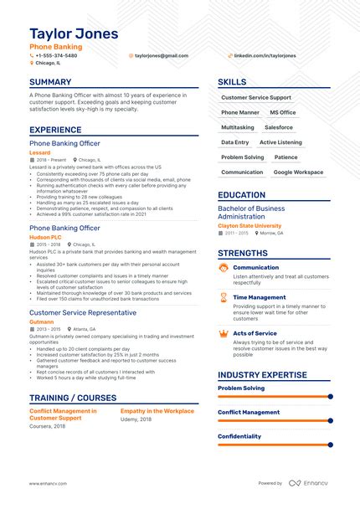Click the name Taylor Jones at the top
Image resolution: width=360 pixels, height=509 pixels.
(74, 33)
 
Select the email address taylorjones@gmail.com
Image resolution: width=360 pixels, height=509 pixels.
(161, 55)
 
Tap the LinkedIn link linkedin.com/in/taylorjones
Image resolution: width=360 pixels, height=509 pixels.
(264, 55)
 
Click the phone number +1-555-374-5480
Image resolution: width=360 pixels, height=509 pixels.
(56, 55)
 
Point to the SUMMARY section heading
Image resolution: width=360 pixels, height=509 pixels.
(50, 82)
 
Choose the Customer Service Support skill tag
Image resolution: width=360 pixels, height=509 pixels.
(256, 97)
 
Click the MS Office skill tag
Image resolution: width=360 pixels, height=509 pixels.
(282, 112)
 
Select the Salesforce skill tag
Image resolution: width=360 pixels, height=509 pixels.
(279, 127)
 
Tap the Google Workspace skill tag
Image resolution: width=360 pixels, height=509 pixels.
(298, 172)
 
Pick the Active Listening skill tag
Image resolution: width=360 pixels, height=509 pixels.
(280, 142)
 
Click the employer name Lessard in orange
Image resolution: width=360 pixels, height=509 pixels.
(39, 152)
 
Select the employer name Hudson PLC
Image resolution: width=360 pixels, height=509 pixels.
(44, 237)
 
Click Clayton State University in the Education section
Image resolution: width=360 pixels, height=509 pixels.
(249, 225)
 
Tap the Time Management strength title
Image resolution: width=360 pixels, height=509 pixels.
(259, 297)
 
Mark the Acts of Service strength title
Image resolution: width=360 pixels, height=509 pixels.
(255, 332)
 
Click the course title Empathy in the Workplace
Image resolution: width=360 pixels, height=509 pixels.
(157, 411)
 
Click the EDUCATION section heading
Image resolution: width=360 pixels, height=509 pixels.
(241, 194)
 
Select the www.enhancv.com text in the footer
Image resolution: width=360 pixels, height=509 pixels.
(48, 483)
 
